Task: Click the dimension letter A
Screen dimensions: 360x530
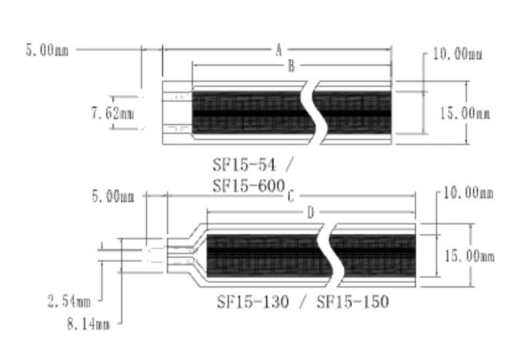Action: click(278, 50)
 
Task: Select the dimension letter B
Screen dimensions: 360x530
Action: click(290, 66)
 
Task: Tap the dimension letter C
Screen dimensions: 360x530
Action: click(290, 196)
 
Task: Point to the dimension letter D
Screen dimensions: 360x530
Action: click(310, 212)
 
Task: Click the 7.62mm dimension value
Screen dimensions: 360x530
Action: click(112, 113)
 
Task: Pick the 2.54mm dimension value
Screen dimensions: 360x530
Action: click(69, 300)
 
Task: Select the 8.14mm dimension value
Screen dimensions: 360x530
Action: click(88, 324)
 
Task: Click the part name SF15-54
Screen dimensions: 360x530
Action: click(241, 164)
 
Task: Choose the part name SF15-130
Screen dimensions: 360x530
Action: click(255, 300)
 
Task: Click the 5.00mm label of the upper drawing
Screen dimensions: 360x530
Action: click(47, 51)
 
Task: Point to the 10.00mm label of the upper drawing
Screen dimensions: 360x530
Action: click(457, 54)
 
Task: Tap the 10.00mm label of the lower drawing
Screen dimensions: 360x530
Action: click(468, 193)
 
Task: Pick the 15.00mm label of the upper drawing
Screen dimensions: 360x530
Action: click(465, 113)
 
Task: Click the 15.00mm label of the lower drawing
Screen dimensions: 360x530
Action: click(470, 256)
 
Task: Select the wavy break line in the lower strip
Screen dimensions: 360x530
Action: click(334, 251)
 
